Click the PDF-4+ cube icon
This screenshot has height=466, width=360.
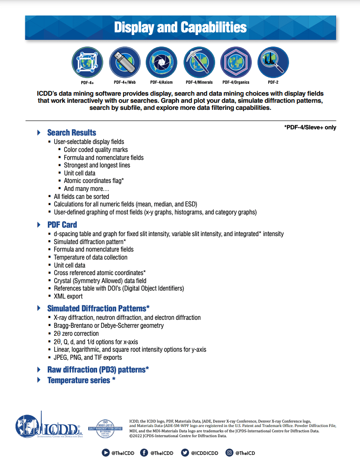pos(87,62)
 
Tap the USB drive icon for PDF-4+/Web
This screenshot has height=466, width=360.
pos(125,62)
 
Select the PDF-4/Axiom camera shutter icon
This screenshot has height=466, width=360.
pos(161,62)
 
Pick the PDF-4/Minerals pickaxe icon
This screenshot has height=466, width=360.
pos(199,62)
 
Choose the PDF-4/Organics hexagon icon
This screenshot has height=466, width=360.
pos(236,62)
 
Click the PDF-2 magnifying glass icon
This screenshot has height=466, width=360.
pos(273,62)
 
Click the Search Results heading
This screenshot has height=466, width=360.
pos(71,132)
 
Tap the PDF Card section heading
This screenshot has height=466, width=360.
pos(62,225)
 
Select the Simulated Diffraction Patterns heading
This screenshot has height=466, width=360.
pos(98,308)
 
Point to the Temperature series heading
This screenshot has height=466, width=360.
pos(81,380)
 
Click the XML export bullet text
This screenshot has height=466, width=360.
pos(68,296)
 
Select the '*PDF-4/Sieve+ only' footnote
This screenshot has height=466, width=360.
pos(310,128)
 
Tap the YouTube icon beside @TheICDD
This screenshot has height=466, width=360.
pos(106,453)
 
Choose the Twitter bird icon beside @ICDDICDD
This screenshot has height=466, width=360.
pos(185,453)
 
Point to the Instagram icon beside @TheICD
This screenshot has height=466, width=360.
pos(229,453)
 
